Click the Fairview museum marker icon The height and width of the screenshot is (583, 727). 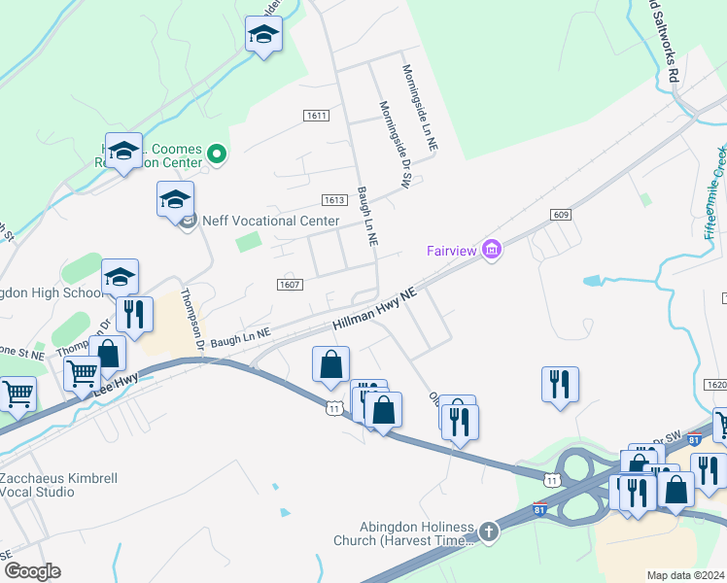tap(492, 251)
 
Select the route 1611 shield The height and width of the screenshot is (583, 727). tap(315, 116)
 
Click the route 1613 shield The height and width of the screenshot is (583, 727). tap(333, 200)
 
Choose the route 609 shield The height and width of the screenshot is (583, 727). tap(560, 214)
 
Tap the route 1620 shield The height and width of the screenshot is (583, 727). tap(716, 385)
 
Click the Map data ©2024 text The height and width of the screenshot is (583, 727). tap(685, 575)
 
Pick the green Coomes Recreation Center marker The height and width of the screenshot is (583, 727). tap(218, 154)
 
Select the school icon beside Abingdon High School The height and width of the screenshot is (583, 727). tap(121, 277)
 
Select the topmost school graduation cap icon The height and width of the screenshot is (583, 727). tap(263, 35)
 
